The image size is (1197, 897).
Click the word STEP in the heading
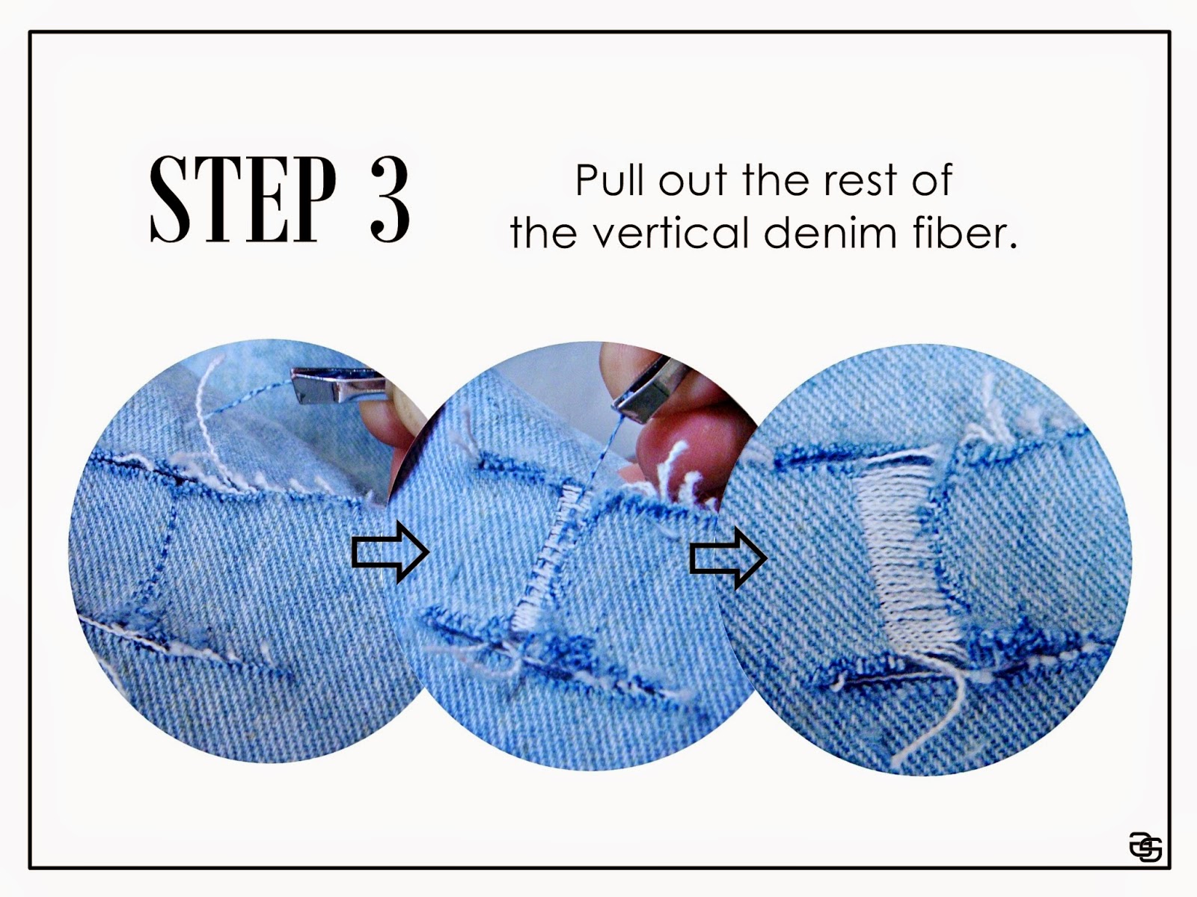(242, 199)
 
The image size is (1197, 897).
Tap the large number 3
(389, 199)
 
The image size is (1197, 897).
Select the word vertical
(672, 232)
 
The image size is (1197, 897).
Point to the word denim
(830, 232)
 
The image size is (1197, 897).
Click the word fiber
(964, 232)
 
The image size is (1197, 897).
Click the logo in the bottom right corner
(1145, 847)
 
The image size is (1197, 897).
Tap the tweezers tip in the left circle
(299, 386)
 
